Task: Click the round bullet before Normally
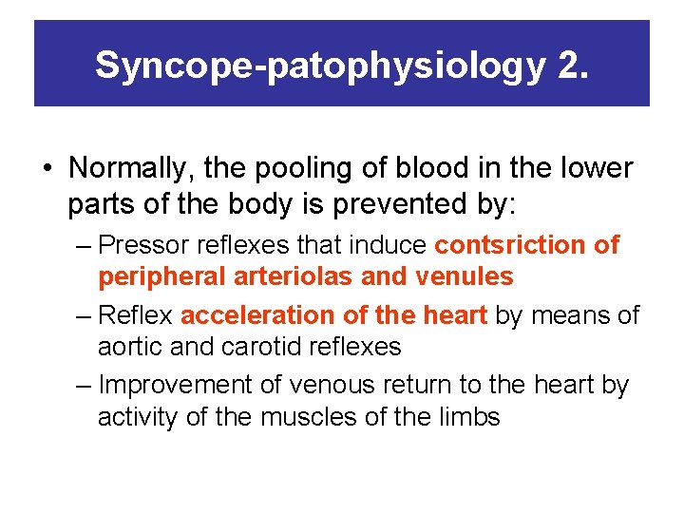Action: pyautogui.click(x=47, y=169)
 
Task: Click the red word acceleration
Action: pyautogui.click(x=255, y=314)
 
